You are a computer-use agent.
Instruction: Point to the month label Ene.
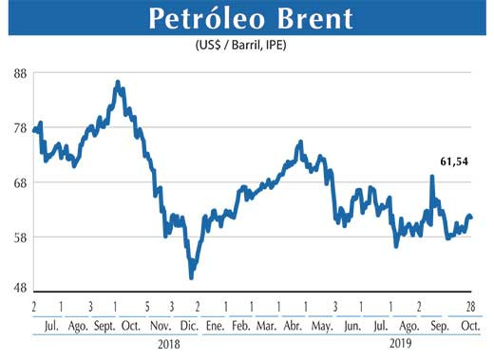[214, 324]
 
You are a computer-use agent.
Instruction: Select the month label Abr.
[294, 324]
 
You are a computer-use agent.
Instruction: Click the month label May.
[322, 324]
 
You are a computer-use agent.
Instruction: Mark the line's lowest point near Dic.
[192, 277]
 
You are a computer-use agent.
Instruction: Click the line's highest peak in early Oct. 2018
[117, 83]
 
